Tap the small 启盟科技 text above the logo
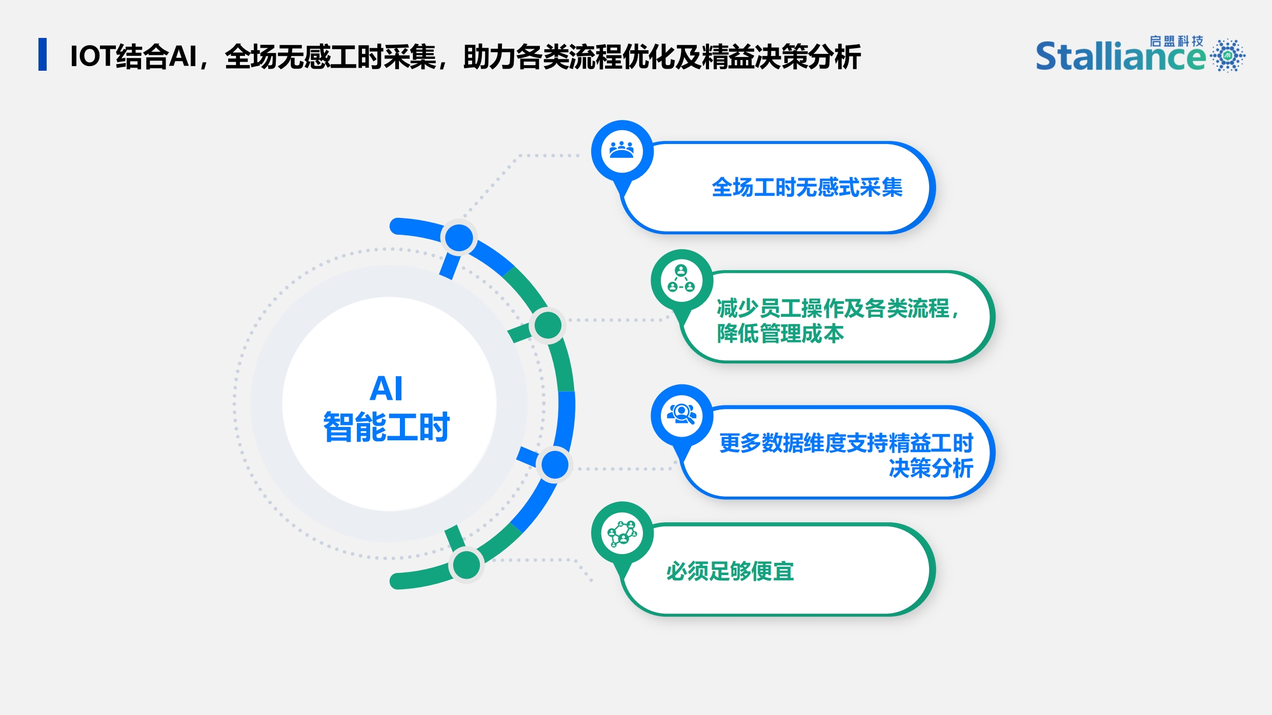1176,41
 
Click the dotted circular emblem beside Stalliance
1228,55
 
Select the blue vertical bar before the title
43,54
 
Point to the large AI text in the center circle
386,388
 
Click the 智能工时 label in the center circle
386,426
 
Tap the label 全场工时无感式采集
807,187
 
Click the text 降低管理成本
780,334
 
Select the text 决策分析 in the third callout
931,468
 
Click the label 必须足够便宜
730,571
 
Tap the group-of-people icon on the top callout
622,151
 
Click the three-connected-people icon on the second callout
681,279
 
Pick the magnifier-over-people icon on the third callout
681,414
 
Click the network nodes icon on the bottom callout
622,533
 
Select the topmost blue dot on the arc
459,237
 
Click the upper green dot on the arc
548,325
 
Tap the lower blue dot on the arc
555,465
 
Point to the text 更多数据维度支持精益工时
846,443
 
